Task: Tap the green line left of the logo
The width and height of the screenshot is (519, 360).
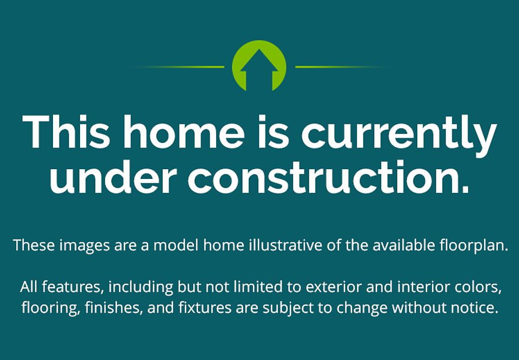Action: [x=179, y=67]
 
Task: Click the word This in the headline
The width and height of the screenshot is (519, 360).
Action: [x=66, y=132]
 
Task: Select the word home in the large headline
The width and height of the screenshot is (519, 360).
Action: [x=184, y=132]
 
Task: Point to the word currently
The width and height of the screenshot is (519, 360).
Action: [x=399, y=136]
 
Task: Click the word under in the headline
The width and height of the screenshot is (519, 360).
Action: [x=112, y=177]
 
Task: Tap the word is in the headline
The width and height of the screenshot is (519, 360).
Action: [x=274, y=132]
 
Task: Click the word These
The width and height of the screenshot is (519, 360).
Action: [x=34, y=245]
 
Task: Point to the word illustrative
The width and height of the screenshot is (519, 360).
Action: [x=285, y=245]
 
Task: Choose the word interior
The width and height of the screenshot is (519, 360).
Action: [x=424, y=287]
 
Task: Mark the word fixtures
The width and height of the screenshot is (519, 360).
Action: [x=205, y=308]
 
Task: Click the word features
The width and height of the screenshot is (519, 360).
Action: [x=71, y=287]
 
